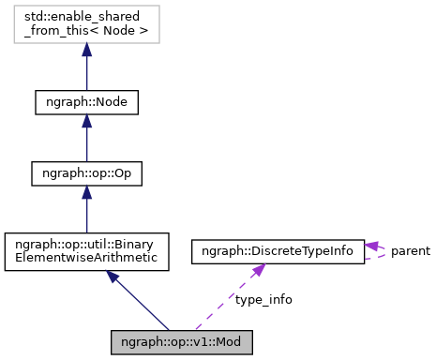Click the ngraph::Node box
coord(86,101)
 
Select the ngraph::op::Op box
coord(86,173)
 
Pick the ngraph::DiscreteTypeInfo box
coord(278,251)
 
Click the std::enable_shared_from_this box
coord(86,29)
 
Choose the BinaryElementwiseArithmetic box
coord(86,252)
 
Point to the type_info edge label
coord(263,299)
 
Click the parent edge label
coord(411,251)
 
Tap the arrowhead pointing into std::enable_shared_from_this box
coord(86,51)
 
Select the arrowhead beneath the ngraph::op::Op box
coord(86,193)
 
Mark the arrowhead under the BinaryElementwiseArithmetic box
coord(113,277)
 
